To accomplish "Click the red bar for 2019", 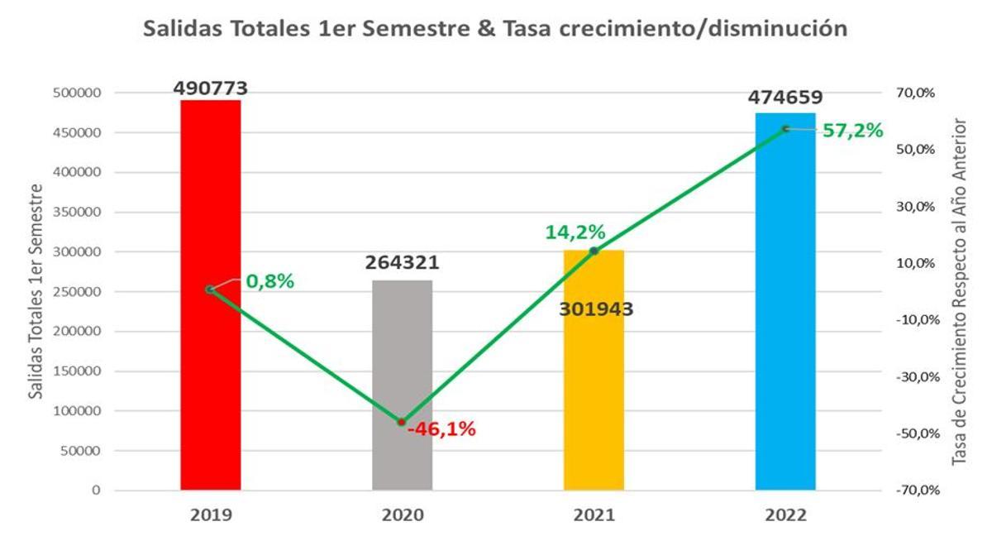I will [211, 372].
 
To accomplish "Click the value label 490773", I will [211, 88].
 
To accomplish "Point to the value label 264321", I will [402, 263].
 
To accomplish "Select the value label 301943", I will [596, 309].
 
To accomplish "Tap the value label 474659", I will [785, 98].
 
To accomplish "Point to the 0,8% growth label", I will [269, 281].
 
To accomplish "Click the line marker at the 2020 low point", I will [402, 422].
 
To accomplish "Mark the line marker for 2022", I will [785, 128].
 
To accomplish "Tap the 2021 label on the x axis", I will [594, 514].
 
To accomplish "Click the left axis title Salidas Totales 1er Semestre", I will [36, 292].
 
